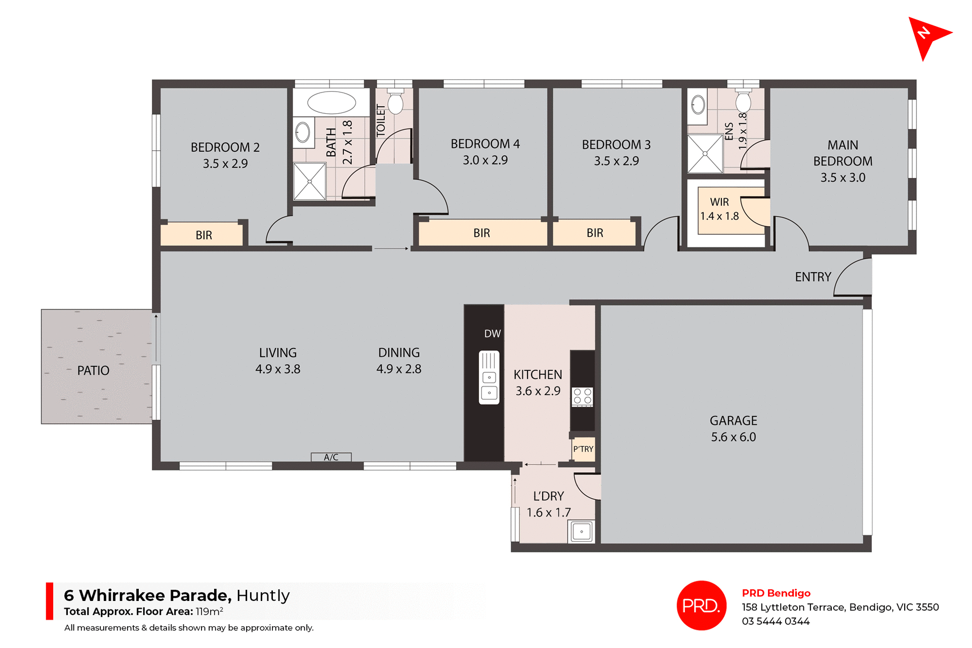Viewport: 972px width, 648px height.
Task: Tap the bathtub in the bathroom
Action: pos(332,103)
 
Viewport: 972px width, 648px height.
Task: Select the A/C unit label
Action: pos(331,457)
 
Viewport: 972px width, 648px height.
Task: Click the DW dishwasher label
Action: pos(492,334)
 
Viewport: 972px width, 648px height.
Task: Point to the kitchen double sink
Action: pos(489,377)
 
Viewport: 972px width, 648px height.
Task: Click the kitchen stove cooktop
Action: pos(582,397)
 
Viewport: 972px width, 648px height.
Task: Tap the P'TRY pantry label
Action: pos(583,449)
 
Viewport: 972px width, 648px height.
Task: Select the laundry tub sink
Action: pos(582,532)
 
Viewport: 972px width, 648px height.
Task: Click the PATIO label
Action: pos(93,371)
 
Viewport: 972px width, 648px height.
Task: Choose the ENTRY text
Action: pos(813,277)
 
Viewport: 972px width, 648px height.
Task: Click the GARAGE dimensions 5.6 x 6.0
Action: pos(733,437)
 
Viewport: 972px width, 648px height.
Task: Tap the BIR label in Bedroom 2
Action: pos(204,235)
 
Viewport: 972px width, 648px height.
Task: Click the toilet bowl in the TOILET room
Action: pos(395,103)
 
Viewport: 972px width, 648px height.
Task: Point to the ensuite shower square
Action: pos(705,153)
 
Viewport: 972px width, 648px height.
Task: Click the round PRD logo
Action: pos(701,606)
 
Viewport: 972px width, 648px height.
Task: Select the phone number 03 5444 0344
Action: pos(776,621)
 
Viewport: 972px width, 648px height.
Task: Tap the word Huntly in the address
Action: pos(263,595)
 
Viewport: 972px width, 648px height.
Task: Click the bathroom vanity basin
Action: pos(303,133)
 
